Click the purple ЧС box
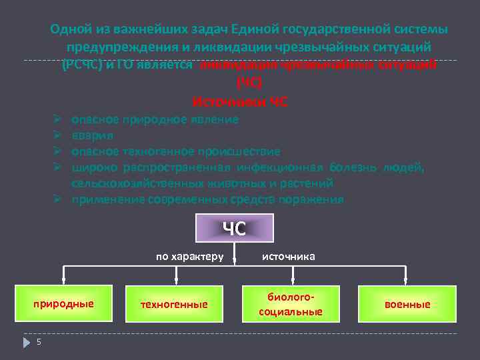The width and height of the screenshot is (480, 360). pyautogui.click(x=234, y=228)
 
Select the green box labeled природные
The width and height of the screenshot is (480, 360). pyautogui.click(x=64, y=304)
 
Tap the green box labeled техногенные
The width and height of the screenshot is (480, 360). pyautogui.click(x=174, y=304)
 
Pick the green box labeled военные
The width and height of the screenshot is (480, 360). pyautogui.click(x=407, y=304)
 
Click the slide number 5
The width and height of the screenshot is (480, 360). pyautogui.click(x=39, y=342)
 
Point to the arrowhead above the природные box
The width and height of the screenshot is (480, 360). pyautogui.click(x=64, y=281)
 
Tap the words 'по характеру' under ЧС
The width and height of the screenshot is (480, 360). pyautogui.click(x=190, y=255)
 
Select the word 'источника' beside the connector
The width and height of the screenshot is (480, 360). pyautogui.click(x=289, y=255)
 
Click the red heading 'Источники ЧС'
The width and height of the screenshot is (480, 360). pyautogui.click(x=240, y=102)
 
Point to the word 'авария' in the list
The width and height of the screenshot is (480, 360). pyautogui.click(x=88, y=135)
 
